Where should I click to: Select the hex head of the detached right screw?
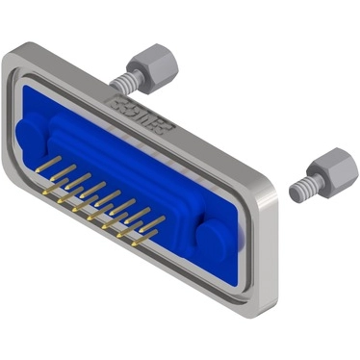(x=331, y=171)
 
